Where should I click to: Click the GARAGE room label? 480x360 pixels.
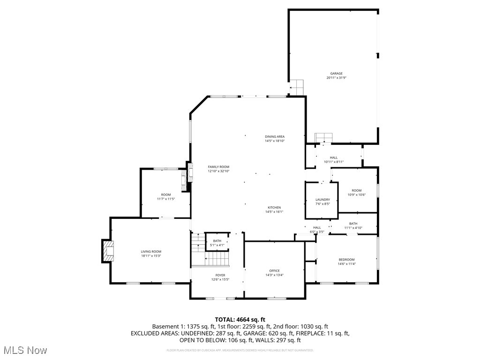tap(336, 74)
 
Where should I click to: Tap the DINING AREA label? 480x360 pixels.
tap(275, 136)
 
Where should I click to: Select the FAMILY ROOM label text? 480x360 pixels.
tap(218, 167)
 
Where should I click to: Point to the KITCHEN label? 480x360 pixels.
tap(274, 207)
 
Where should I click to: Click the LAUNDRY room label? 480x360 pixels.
tap(322, 200)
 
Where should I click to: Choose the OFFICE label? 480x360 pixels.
tap(274, 271)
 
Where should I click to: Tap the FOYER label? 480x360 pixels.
tap(220, 275)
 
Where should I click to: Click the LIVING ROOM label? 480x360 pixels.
tap(151, 252)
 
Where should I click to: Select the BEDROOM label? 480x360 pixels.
tap(346, 260)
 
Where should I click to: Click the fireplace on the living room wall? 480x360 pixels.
tap(107, 251)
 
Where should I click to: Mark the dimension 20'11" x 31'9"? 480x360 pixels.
tap(336, 78)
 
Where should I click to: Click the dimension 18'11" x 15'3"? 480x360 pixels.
tap(151, 256)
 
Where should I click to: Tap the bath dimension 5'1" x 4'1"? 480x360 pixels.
tap(217, 245)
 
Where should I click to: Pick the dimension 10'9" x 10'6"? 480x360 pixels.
tap(357, 195)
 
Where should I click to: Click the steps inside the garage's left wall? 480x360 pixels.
tap(297, 87)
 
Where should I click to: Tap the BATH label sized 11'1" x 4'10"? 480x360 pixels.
tap(353, 224)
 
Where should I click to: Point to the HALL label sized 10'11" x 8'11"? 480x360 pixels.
tap(333, 157)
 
